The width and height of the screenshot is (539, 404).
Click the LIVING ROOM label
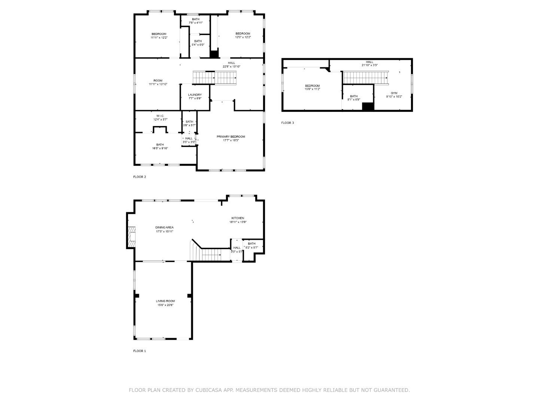point(165,301)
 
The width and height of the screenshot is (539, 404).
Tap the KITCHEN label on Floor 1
point(238,218)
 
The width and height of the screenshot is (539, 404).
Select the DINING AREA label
point(164,227)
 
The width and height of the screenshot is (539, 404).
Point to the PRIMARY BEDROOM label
point(231,137)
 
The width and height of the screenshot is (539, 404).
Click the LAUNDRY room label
point(195,95)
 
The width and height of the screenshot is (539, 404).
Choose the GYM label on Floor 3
point(394,93)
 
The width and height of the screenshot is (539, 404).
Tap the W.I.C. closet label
point(160,116)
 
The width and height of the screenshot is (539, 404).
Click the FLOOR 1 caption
point(140,351)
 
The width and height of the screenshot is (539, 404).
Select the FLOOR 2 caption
point(140,177)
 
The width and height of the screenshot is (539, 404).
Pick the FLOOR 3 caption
point(288,123)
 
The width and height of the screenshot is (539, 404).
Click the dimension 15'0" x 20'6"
point(165,305)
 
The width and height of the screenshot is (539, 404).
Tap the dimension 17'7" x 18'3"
point(231,141)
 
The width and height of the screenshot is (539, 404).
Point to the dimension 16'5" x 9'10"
point(160,149)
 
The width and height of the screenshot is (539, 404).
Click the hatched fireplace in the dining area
point(131,237)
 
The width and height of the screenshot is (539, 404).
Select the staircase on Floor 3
point(365,78)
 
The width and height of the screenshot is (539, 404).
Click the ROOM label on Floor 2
point(158,81)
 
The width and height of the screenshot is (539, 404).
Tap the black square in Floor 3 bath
point(368,106)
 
